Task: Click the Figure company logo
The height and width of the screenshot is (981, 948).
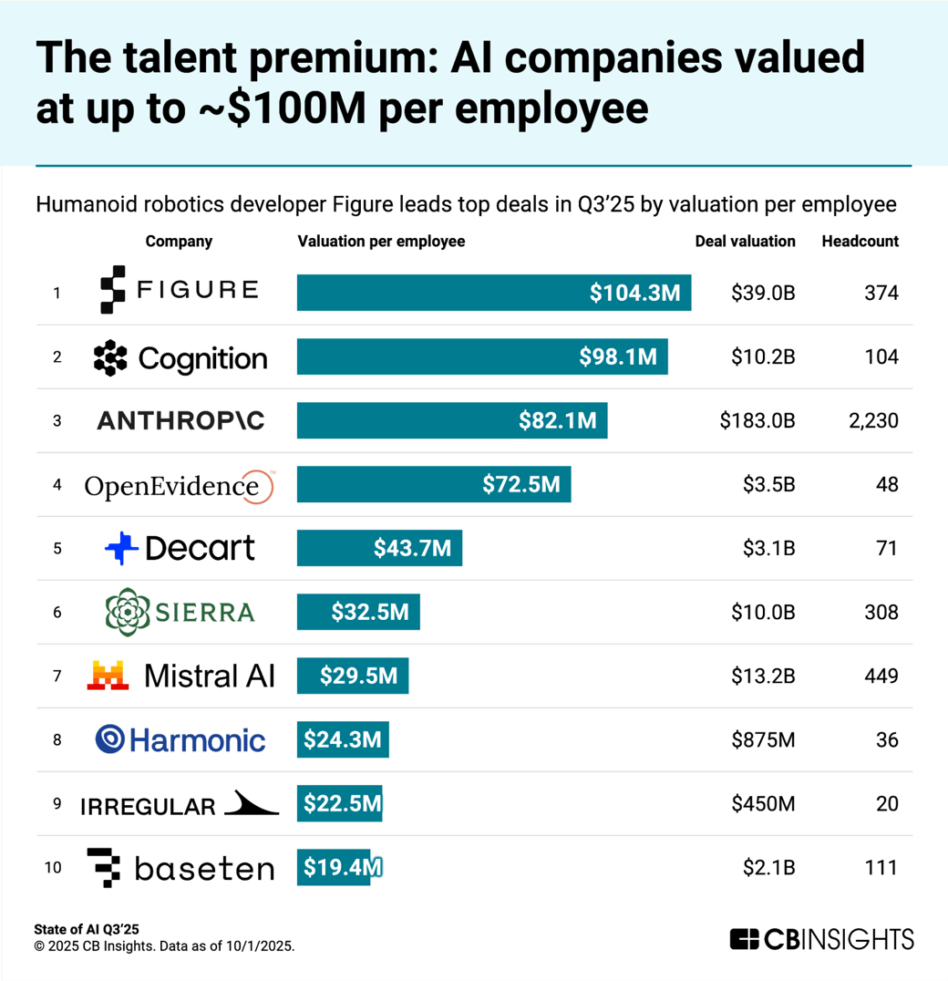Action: click(x=179, y=291)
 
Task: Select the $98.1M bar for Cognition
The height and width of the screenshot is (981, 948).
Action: click(x=482, y=356)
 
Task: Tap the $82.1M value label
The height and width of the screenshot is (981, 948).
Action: click(x=558, y=420)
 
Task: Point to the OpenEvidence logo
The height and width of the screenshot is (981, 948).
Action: click(x=179, y=486)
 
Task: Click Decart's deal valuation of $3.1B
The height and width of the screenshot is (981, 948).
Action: click(x=763, y=548)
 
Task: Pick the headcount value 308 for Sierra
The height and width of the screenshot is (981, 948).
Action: click(x=881, y=612)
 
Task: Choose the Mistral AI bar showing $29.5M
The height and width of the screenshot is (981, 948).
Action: click(x=353, y=676)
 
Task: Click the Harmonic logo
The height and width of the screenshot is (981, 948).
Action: click(x=180, y=739)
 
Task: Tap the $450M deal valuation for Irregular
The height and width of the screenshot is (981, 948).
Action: click(x=763, y=803)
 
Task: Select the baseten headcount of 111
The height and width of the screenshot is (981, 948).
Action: click(x=881, y=867)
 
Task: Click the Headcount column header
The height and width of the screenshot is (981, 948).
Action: click(x=860, y=242)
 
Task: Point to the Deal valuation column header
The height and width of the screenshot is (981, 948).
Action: click(x=745, y=242)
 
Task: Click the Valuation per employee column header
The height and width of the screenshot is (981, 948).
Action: click(x=381, y=242)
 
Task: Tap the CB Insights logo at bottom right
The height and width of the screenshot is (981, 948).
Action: click(x=821, y=939)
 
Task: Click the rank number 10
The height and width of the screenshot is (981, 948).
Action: click(x=54, y=867)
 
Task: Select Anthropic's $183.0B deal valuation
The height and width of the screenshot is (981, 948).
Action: click(x=757, y=420)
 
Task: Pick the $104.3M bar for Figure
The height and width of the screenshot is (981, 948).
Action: click(x=493, y=293)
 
